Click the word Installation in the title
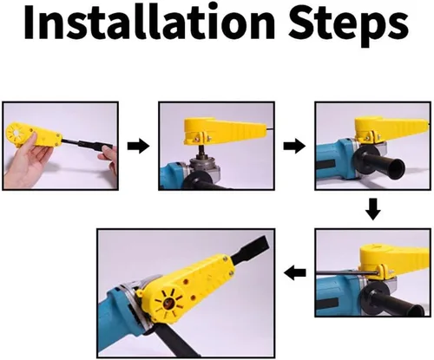coord(149,22)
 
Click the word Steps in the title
coord(348,25)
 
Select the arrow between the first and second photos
coord(139,146)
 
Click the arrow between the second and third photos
coord(294,146)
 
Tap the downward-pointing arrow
coord(373,209)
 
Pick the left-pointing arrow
coord(295,273)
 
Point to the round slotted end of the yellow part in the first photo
coord(16,134)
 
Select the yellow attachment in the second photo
coord(223,130)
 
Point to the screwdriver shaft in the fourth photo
coord(346,273)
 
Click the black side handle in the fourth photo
coord(392,301)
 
